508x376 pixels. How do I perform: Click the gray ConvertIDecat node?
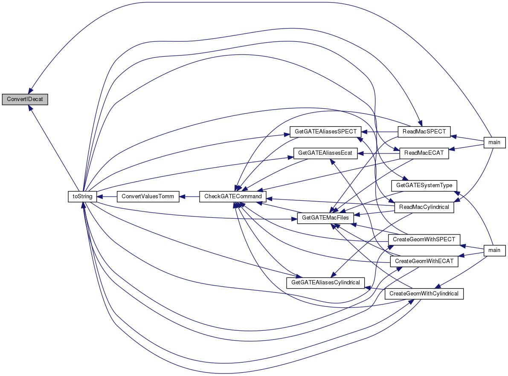[x=25, y=99]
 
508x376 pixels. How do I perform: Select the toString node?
[x=82, y=196]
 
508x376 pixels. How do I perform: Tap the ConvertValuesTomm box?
[x=148, y=196]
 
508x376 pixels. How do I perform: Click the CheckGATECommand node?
[x=232, y=196]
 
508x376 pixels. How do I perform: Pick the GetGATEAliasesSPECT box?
[x=325, y=131]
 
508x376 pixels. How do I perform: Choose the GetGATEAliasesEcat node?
[x=325, y=153]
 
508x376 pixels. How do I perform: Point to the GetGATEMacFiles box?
[x=325, y=218]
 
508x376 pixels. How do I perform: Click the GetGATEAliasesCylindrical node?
[x=325, y=282]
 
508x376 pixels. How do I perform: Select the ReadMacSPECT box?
[x=424, y=131]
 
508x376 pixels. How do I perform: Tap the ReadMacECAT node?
[x=424, y=153]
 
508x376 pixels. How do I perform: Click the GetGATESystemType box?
[x=424, y=185]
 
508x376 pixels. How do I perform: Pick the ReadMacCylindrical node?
[x=424, y=207]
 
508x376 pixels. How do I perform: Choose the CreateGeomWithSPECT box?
[x=424, y=239]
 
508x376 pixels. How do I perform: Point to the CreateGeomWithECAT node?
[x=424, y=261]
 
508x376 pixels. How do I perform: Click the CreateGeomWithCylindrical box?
[x=424, y=293]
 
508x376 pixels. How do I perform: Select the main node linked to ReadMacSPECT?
[x=494, y=142]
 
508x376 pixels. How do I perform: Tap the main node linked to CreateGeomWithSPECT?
[x=494, y=250]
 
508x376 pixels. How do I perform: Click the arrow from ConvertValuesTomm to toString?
[x=107, y=196]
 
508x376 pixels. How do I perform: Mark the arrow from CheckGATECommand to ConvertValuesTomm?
[x=189, y=196]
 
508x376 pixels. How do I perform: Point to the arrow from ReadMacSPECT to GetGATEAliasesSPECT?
[x=379, y=131]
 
